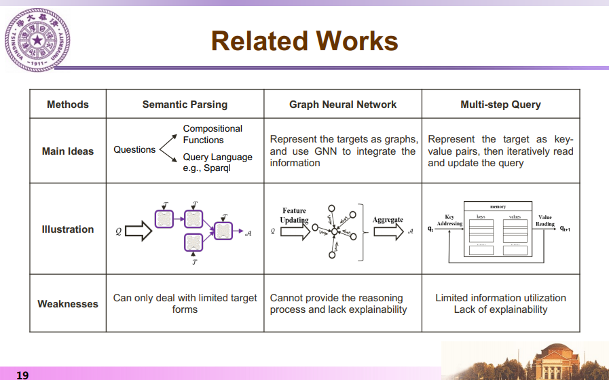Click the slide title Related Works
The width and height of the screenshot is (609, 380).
point(304,41)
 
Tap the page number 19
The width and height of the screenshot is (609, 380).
point(22,375)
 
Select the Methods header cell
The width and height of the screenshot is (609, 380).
point(68,104)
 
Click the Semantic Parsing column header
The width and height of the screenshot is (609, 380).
point(185,104)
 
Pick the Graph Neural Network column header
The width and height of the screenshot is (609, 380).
point(343,104)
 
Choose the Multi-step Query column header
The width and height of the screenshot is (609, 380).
point(500,104)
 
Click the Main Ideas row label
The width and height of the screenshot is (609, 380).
point(68,151)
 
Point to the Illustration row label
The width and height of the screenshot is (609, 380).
point(68,229)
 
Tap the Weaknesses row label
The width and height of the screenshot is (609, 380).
point(68,304)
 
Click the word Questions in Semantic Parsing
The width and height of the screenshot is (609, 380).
point(134,149)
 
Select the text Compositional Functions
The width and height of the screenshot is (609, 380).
point(213,134)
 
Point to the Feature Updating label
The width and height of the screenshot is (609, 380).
point(294,216)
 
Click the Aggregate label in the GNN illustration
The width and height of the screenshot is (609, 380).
point(388,220)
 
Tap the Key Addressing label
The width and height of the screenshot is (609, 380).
point(449,221)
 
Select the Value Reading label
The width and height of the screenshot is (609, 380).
point(545,221)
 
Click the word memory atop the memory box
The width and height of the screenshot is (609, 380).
point(498,206)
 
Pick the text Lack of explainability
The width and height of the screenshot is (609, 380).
point(500,309)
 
